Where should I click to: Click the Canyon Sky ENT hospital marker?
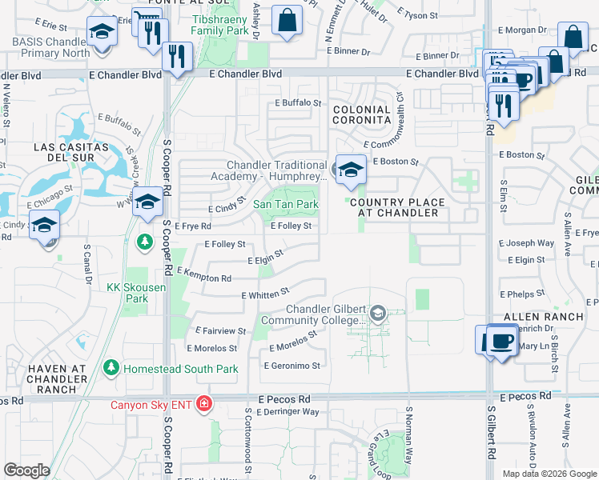pyautogui.click(x=204, y=403)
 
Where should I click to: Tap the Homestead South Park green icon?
pyautogui.click(x=111, y=369)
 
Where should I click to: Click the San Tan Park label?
pyautogui.click(x=286, y=205)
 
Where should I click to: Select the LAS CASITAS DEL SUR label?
pyautogui.click(x=71, y=153)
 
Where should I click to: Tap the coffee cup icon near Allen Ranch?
pyautogui.click(x=502, y=339)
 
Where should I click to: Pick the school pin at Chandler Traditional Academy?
pyautogui.click(x=350, y=170)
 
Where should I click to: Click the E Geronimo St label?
pyautogui.click(x=292, y=366)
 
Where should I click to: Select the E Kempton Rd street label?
pyautogui.click(x=203, y=275)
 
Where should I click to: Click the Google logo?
pyautogui.click(x=26, y=470)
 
